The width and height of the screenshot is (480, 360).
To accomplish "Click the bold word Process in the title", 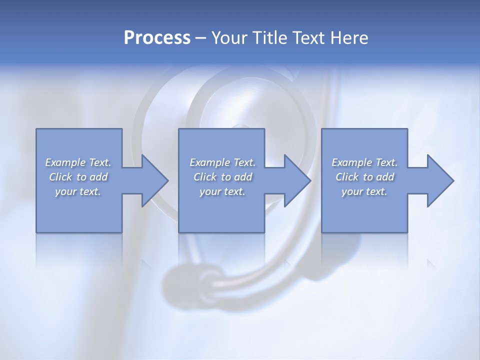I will (157, 38).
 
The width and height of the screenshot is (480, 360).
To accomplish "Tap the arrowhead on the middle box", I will (296, 180).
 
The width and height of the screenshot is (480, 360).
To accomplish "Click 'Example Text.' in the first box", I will (78, 162).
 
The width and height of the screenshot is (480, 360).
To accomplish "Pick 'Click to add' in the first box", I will (78, 177).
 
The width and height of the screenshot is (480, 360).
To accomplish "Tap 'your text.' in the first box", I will (78, 191).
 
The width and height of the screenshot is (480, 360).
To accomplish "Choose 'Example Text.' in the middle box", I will (222, 162).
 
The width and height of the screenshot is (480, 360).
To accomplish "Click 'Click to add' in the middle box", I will (222, 177).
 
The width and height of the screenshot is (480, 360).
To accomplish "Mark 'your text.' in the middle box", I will (222, 191).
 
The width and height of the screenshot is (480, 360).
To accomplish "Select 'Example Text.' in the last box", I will (364, 162).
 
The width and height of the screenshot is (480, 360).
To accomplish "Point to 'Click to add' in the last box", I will (364, 177).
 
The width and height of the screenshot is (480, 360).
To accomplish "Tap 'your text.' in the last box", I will (364, 191).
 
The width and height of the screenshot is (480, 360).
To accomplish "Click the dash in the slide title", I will (201, 38).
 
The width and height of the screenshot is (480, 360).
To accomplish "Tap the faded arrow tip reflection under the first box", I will (145, 263).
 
